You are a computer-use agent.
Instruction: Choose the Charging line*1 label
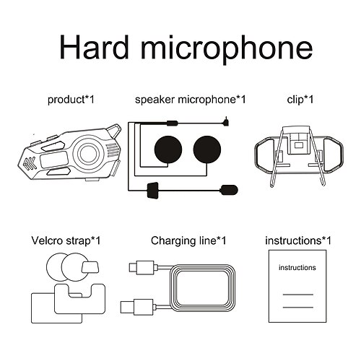coord(188,240)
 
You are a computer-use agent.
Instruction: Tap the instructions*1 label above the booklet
coord(298,240)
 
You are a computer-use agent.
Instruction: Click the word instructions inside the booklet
coord(297,268)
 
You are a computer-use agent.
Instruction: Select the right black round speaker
coord(210,148)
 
